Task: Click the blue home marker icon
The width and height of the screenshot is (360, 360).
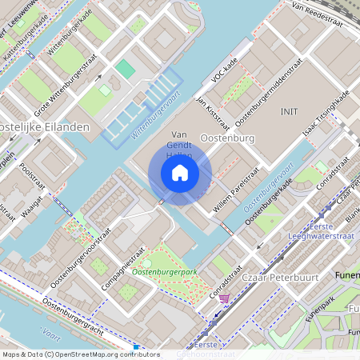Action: (180, 173)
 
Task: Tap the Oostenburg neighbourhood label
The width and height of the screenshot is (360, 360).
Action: (226, 138)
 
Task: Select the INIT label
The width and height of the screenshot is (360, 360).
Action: (289, 110)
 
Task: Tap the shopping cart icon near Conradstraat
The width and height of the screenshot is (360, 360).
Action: (224, 298)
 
